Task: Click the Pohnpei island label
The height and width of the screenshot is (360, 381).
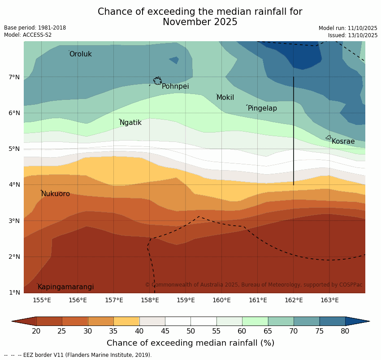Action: (x=175, y=86)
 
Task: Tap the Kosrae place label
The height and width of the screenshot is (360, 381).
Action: (x=343, y=141)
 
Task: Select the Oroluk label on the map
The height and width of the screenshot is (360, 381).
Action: (x=81, y=54)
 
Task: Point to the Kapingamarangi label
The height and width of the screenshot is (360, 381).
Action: (x=66, y=287)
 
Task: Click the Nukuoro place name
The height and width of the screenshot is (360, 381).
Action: (x=56, y=194)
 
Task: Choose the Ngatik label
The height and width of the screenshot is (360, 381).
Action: (x=130, y=123)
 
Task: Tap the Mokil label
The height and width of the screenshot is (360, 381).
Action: (x=225, y=98)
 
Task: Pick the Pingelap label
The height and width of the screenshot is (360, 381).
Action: (x=262, y=108)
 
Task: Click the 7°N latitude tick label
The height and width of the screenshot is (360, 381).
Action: (x=14, y=77)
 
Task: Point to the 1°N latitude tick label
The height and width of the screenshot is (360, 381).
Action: (x=14, y=293)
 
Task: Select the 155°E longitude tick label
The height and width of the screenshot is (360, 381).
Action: (x=42, y=300)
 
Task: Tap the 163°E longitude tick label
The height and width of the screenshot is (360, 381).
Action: (x=329, y=300)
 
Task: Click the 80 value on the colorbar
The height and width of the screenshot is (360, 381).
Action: (x=345, y=331)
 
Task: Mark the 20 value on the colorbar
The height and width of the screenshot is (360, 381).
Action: (x=36, y=331)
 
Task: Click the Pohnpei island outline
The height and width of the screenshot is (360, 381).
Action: (x=157, y=81)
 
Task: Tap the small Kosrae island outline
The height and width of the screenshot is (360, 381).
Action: (x=328, y=137)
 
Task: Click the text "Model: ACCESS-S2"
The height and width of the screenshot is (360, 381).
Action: (x=28, y=35)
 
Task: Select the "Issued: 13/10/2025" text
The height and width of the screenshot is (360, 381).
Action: (x=353, y=35)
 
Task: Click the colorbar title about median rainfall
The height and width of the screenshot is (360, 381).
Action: (x=190, y=343)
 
